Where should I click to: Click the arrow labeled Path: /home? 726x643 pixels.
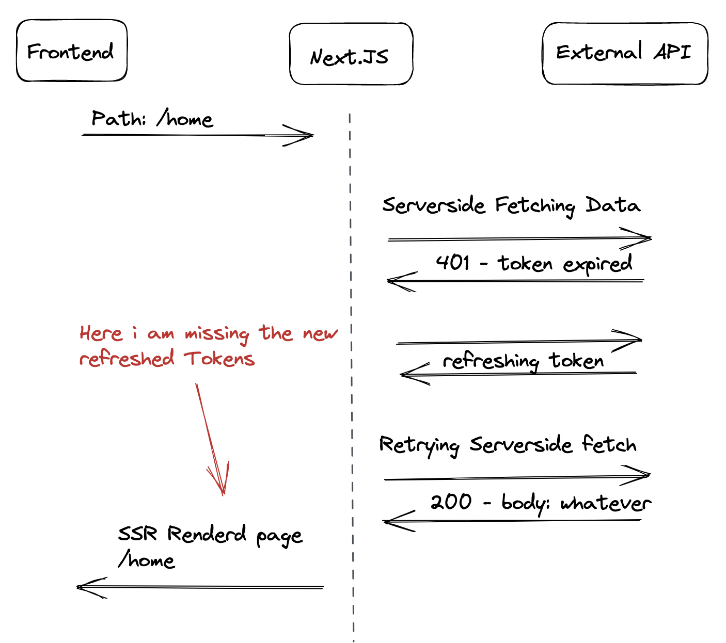[x=197, y=135]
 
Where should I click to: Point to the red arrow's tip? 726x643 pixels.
[x=224, y=495]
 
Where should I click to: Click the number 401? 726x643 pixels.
[x=452, y=263]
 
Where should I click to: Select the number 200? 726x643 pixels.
[x=451, y=502]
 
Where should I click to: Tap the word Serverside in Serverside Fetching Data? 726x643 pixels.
[x=433, y=205]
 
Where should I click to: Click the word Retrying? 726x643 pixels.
[x=419, y=445]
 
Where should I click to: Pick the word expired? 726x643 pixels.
[x=597, y=264]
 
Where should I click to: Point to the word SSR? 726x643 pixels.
[x=137, y=534]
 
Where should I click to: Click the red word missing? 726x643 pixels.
[x=217, y=334]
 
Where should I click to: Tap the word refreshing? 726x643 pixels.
[x=491, y=361]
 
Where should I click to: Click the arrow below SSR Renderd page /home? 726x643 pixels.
[x=200, y=587]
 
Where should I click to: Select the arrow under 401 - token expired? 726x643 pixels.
[x=515, y=281]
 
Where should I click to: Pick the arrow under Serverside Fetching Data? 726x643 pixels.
[x=519, y=238]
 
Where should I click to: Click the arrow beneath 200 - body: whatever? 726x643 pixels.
[x=511, y=521]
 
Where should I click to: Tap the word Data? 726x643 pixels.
[x=613, y=205]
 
